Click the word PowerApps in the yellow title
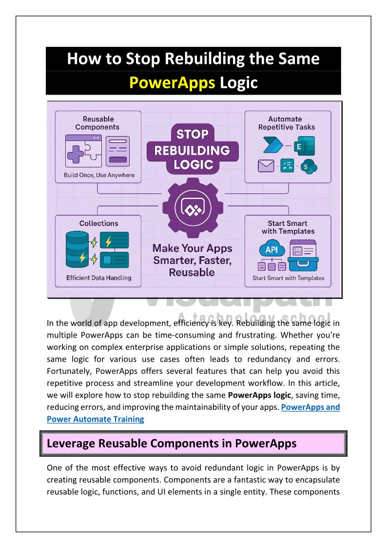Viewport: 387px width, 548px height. click(172, 83)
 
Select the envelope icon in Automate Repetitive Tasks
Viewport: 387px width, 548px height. click(266, 166)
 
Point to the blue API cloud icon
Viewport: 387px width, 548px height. click(271, 250)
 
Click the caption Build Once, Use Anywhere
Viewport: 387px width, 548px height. click(99, 175)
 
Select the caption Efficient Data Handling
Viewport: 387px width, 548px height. click(99, 278)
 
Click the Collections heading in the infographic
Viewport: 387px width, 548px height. click(99, 223)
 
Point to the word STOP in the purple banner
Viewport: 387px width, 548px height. click(192, 134)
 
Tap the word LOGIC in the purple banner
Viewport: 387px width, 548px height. click(193, 165)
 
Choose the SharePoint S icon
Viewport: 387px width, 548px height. click(307, 167)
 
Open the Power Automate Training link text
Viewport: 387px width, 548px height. click(96, 419)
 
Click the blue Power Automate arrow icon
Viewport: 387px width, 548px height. click(271, 145)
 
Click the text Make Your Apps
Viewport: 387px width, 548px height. click(192, 248)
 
